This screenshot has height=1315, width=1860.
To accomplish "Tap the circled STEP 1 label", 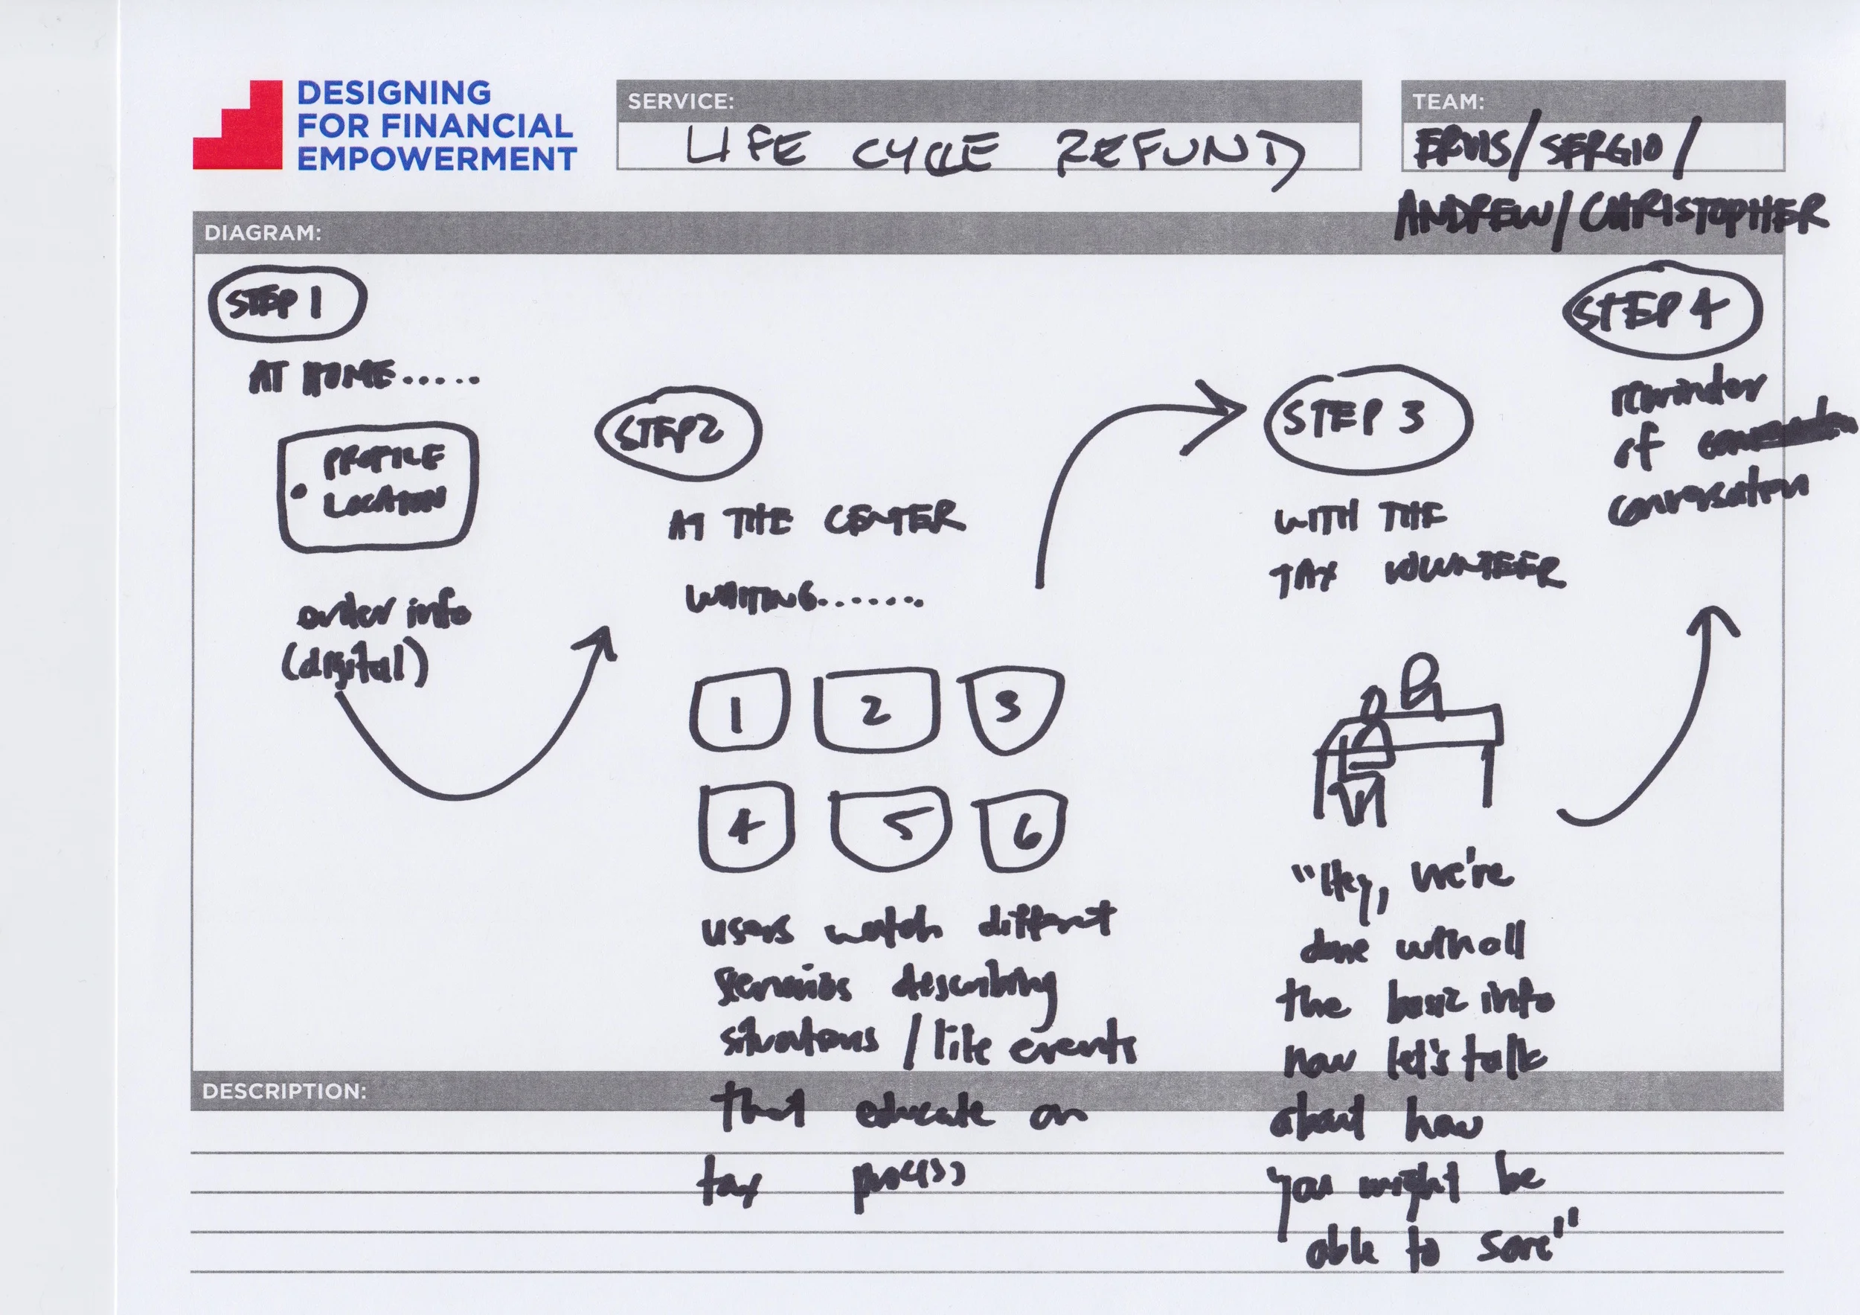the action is pos(286,303).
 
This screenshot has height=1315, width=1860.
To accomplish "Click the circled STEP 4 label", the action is pos(1662,310).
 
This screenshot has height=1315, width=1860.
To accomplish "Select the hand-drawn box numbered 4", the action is pos(745,826).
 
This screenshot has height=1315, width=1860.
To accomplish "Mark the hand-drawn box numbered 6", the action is pos(1022,831).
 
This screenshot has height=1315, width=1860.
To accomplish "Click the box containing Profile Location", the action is pos(377,486).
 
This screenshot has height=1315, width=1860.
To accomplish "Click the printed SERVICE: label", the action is pos(681,101).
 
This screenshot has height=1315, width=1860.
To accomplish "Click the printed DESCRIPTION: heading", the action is pos(283,1090).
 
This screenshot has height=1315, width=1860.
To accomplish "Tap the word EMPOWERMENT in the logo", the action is pos(436,159).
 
